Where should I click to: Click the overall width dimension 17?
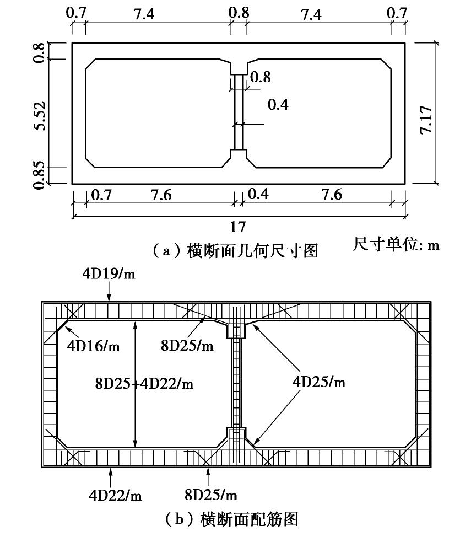(238, 226)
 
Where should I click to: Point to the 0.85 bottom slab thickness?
(39, 175)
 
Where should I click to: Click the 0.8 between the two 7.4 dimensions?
(239, 13)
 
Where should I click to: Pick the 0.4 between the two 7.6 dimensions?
(258, 195)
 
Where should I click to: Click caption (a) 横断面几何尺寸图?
(235, 251)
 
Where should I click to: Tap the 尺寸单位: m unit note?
(396, 244)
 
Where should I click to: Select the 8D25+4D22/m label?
(144, 383)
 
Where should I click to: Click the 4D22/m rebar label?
(116, 495)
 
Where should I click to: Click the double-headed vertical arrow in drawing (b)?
(136, 385)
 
